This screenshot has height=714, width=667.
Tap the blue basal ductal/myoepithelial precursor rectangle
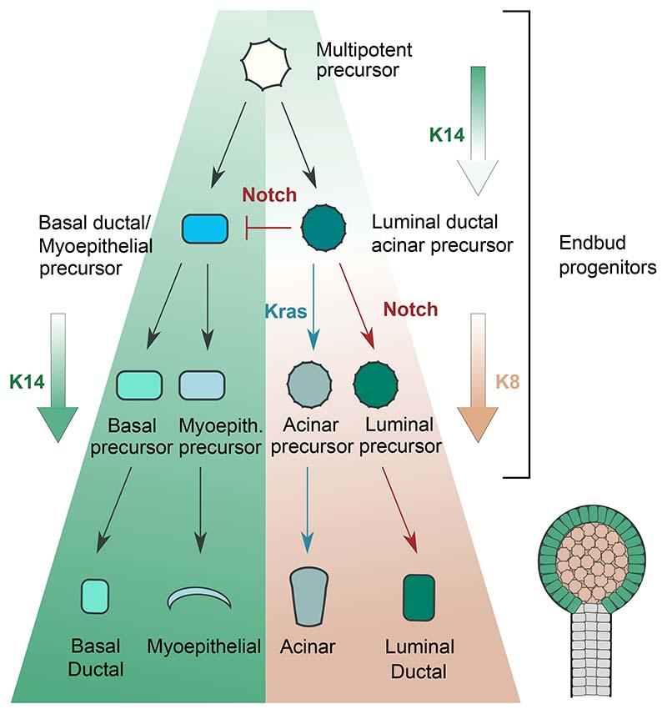coord(205,227)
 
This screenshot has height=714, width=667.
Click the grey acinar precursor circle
coord(310,384)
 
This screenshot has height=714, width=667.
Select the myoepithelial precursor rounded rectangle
coord(202,384)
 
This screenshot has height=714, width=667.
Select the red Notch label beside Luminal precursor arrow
coord(410,309)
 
